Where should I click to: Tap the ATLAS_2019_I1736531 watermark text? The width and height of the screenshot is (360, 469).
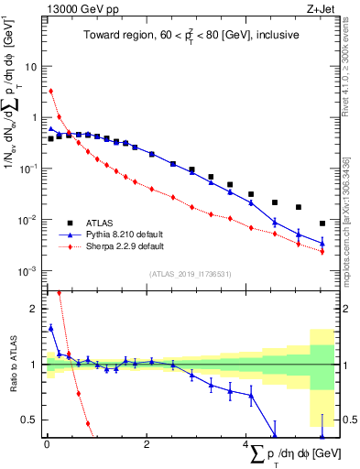pos(190,273)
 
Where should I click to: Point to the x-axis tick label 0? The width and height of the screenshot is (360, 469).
pos(47,445)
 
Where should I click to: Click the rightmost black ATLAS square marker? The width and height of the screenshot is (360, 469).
pos(322,224)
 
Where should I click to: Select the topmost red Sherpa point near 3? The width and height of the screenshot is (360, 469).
pos(51,91)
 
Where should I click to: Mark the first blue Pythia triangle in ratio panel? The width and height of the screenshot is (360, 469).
pos(51,327)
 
